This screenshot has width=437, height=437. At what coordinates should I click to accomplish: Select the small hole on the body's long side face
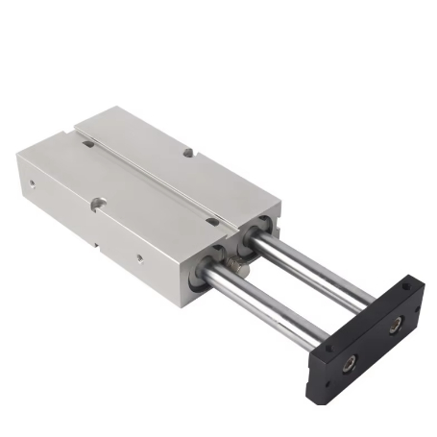pyautogui.click(x=141, y=259)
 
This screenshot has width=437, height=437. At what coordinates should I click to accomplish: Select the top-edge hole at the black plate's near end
pyautogui.click(x=329, y=339)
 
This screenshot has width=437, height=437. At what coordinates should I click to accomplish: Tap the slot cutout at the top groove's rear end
pyautogui.click(x=88, y=144)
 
